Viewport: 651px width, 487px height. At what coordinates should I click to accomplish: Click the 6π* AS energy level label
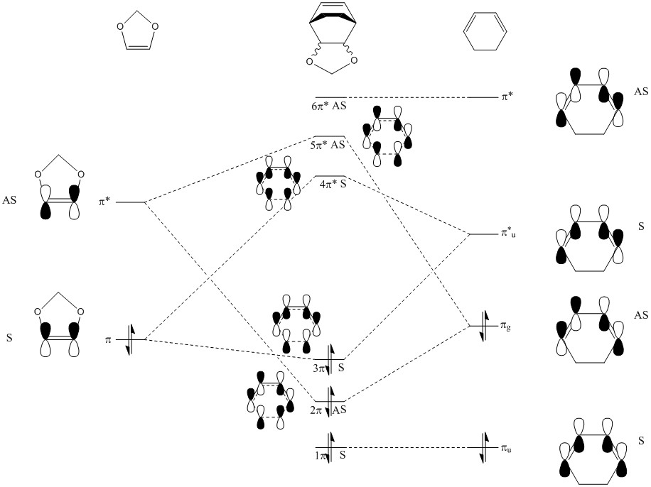pyautogui.click(x=328, y=106)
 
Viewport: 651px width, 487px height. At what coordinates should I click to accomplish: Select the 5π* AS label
pyautogui.click(x=328, y=145)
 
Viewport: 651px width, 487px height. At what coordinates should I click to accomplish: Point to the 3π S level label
pyautogui.click(x=329, y=368)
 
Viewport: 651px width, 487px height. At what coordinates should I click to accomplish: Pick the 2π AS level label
pyautogui.click(x=329, y=410)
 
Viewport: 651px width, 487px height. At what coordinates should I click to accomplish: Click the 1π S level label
pyautogui.click(x=329, y=454)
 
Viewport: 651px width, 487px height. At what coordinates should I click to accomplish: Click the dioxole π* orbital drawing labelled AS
pyautogui.click(x=60, y=192)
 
